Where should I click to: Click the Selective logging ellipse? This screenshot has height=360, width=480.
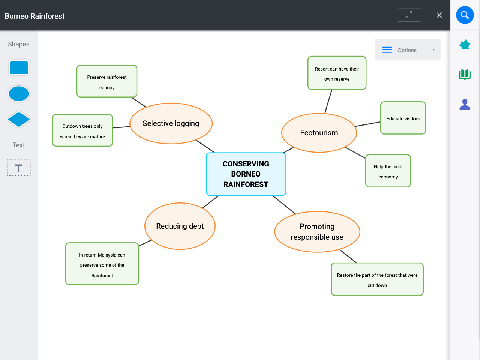coord(171,123)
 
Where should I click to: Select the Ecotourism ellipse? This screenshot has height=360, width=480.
coord(319,133)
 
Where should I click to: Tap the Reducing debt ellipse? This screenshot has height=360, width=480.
coord(180,226)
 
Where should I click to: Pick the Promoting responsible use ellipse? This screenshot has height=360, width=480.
coord(317,232)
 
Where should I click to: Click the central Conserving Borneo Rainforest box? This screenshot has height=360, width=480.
coord(246,174)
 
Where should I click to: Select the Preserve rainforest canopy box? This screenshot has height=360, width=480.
coord(107,81)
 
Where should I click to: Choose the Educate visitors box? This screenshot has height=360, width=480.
coord(403,118)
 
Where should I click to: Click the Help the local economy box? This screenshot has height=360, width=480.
coord(388,171)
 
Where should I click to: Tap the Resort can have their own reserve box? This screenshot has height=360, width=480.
coord(337,73)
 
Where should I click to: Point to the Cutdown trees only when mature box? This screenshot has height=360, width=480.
coord(82,130)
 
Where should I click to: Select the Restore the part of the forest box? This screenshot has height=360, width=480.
coord(377,279)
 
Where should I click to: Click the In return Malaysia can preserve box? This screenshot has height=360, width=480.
coord(102,264)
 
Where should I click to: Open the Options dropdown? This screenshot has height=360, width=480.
coord(408,50)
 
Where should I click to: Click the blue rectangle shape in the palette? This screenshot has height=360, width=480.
coord(19,68)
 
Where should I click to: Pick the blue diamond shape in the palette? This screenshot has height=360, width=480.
coord(19,120)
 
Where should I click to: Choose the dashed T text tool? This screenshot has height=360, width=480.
coord(19,168)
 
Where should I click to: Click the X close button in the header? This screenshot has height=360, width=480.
coord(439,15)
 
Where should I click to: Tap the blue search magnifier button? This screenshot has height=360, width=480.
coord(465,15)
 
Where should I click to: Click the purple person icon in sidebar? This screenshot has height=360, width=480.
coord(465,104)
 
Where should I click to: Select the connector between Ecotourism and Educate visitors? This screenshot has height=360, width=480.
coord(368,124)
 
